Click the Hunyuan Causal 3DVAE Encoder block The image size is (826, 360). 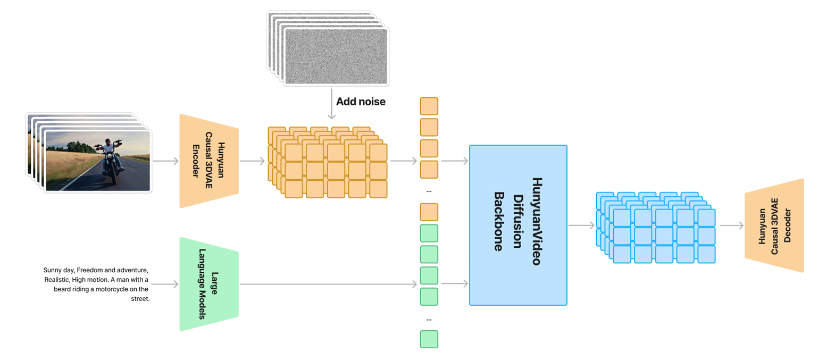click(x=208, y=161)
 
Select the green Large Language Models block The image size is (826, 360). click(x=208, y=284)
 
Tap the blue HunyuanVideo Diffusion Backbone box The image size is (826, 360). click(x=518, y=225)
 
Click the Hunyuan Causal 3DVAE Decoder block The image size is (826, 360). click(x=774, y=225)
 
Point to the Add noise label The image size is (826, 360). click(x=360, y=101)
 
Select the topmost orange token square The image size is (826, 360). click(x=429, y=106)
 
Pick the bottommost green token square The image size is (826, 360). click(x=429, y=339)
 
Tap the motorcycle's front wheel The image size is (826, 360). click(x=113, y=177)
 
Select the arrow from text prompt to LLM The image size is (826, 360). click(x=166, y=284)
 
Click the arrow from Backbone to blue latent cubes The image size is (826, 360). click(x=581, y=225)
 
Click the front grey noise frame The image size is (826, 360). click(x=336, y=56)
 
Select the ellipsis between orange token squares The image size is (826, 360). click(x=429, y=191)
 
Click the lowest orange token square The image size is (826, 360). click(x=429, y=212)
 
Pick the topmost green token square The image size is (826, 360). click(x=429, y=233)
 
